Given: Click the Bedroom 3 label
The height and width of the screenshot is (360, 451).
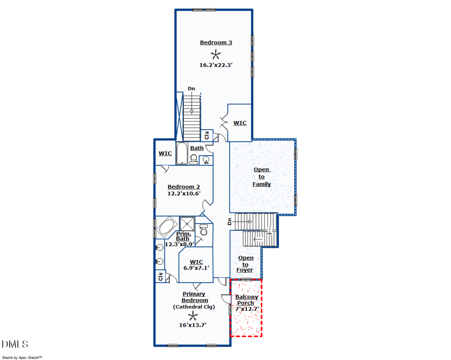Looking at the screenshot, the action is coord(216,43).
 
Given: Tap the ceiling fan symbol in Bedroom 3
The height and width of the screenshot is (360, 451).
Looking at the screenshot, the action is coord(215,54).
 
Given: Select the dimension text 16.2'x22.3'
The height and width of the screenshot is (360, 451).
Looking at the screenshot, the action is coord(216,65).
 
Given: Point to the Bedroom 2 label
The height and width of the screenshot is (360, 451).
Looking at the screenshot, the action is coord(184,187).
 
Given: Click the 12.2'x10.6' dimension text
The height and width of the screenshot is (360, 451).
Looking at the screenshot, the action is coord(184,194).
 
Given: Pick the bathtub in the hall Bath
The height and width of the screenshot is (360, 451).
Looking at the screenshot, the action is coord(182,153).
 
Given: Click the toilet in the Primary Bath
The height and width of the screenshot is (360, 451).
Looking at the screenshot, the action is coord(204,230).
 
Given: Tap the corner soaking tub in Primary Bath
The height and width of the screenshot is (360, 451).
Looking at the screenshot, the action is coord(167,227).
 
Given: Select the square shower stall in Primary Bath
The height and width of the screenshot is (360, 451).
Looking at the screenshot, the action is coord(187,224).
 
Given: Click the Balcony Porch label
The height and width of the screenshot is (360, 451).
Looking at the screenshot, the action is coord(247,300).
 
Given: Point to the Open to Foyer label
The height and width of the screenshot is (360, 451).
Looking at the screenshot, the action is coord(245,264).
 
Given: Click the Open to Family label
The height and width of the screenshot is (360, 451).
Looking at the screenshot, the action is coord(262,177).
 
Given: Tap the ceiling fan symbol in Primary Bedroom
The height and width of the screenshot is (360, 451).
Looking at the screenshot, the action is coord(193,317).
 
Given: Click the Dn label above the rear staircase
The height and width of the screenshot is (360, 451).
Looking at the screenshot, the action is coord(192,89).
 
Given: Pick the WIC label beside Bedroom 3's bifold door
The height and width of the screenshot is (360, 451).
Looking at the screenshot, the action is coord(240,123).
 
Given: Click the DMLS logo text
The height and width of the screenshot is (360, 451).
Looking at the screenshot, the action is coord(15,344).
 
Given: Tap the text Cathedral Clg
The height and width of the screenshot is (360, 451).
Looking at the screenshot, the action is coord(194,307).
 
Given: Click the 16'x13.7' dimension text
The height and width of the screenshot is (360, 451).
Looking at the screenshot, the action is coord(193,325).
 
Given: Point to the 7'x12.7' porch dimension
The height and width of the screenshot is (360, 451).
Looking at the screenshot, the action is coord(247,309).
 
